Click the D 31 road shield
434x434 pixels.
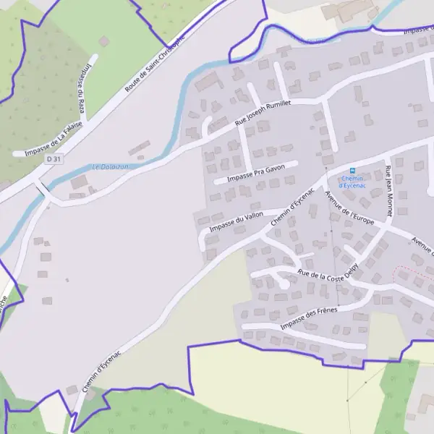(51, 158)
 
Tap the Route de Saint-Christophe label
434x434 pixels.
(154, 65)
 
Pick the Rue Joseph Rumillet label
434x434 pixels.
(263, 114)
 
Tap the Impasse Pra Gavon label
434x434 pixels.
(256, 173)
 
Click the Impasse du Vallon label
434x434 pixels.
(236, 223)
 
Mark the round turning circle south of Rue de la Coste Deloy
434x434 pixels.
(284, 285)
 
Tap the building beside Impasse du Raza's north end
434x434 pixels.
(104, 42)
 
